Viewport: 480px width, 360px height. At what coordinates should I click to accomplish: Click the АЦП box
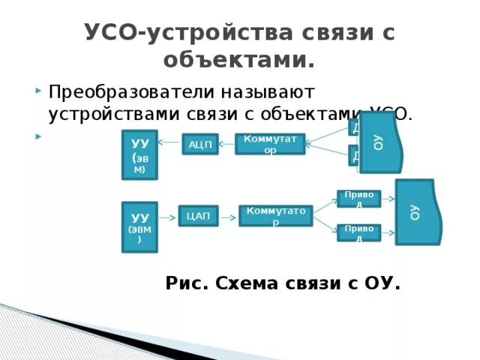pos(200,143)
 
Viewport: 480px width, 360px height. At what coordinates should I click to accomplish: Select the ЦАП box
pos(198,216)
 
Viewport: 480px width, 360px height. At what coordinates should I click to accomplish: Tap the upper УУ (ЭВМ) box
pos(139,154)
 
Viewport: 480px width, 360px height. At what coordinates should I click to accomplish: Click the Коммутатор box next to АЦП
pos(270,143)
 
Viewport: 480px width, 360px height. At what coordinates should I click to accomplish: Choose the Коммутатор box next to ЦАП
pos(275,215)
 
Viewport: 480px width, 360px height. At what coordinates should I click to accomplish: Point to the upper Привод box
pos(358,199)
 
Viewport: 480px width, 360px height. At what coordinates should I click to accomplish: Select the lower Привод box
pos(358,232)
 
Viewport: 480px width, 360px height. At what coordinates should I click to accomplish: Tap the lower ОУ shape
pos(414,211)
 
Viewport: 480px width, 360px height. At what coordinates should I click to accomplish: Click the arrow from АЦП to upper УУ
pos(170,143)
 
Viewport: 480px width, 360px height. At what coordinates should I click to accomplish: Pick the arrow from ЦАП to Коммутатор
pos(229,216)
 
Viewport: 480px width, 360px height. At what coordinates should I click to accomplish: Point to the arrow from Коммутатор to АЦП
pos(226,143)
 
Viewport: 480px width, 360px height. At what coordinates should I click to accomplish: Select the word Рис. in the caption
pos(187,283)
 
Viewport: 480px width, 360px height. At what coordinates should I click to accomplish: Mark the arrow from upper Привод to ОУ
pos(388,199)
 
